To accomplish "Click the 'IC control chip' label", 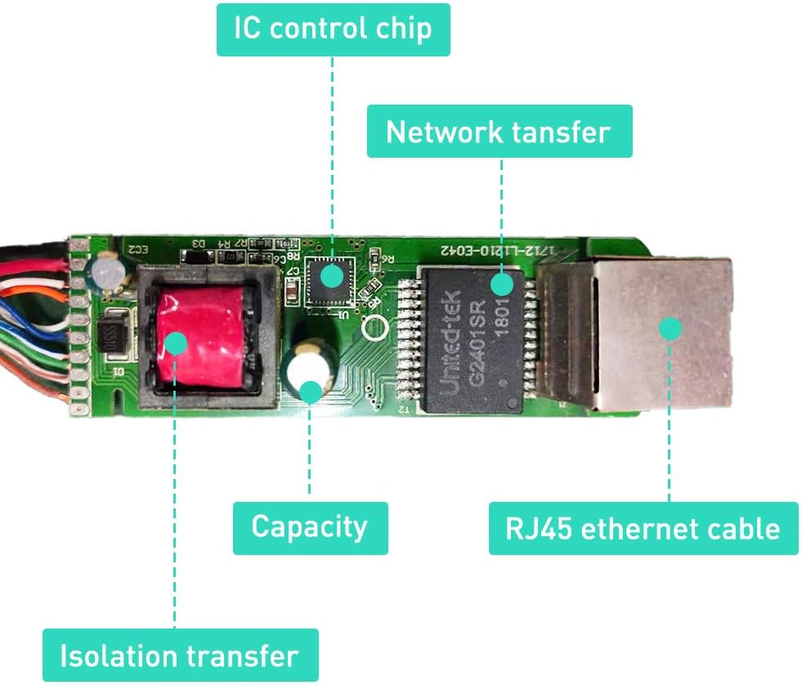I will (333, 29).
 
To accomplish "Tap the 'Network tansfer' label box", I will (499, 131).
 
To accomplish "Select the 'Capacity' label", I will (309, 527).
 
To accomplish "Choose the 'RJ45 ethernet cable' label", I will (643, 528).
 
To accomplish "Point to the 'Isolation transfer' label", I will (179, 655).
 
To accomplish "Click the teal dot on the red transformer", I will (176, 342).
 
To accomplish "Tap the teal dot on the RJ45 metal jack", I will (670, 329).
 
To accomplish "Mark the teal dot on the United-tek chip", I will (501, 284).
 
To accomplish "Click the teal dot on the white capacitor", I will (310, 391).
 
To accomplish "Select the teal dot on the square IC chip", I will (332, 275).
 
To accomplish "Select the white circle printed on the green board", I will (378, 329).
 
